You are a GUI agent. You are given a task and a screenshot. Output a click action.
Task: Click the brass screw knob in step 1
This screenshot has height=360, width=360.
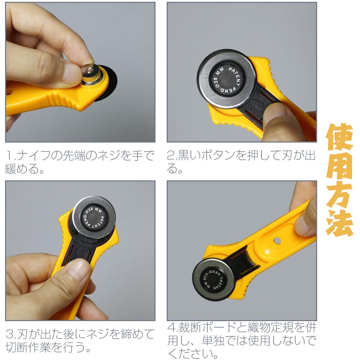coord(91,75)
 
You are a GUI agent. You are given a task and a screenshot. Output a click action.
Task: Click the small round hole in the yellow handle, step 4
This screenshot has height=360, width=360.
coord(277,240)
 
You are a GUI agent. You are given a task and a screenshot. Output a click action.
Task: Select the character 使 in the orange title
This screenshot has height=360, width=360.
coord(339,137)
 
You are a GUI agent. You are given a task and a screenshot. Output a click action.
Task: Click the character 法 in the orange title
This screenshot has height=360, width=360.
coord(339,223)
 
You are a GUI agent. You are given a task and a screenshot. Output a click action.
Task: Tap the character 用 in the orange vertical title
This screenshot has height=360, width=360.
coord(339,166)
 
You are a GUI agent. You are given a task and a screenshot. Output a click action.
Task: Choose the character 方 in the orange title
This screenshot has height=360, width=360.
coord(339,194)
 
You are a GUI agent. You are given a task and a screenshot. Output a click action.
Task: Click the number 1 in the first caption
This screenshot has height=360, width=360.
coord(9,156)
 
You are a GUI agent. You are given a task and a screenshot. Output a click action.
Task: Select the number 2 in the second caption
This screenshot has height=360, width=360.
coord(171,156)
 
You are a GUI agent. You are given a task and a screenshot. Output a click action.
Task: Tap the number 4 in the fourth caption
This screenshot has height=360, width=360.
coord(171,327)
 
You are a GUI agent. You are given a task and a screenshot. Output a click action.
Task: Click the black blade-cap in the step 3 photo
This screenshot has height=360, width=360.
coord(94,217)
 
